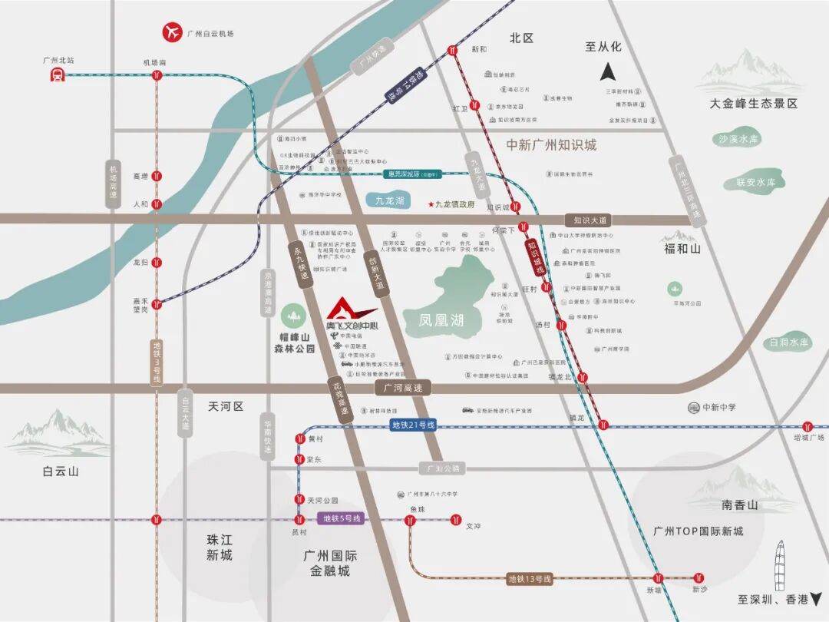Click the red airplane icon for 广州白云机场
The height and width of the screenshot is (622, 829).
[172, 33]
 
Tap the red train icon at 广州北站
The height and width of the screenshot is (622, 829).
[57, 74]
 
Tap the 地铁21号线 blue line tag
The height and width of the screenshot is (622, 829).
[413, 425]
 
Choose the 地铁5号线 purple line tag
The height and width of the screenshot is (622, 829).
[339, 518]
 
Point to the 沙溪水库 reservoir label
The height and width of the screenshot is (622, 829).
[738, 139]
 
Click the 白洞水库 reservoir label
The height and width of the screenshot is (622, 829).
[790, 342]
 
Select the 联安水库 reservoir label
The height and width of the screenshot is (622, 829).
[755, 182]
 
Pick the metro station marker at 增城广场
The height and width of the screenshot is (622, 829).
[808, 426]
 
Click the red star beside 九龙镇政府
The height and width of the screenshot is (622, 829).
[431, 204]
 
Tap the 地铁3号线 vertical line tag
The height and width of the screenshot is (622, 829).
[157, 363]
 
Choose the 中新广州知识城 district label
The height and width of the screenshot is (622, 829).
[551, 145]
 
